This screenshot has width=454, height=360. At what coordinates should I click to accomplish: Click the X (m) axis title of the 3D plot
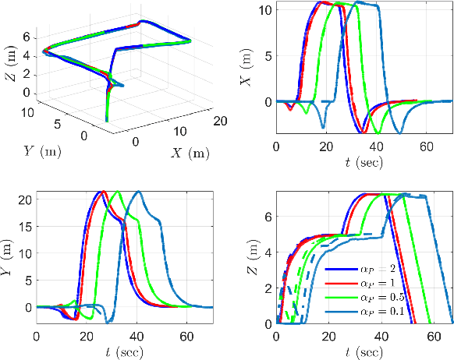tap(188, 153)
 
